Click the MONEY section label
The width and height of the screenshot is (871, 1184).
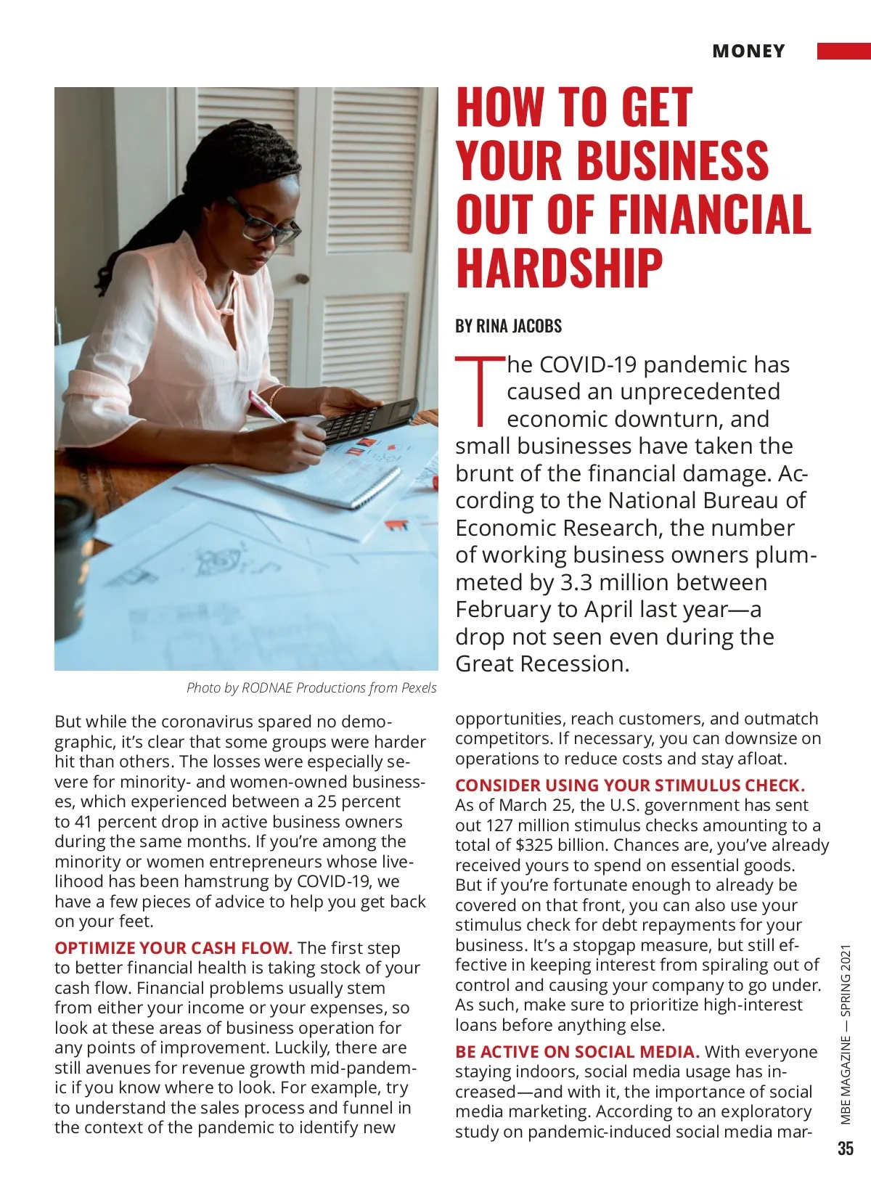[748, 51]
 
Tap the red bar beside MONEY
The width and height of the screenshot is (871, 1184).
[843, 51]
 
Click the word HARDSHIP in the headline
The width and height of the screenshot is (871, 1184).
[560, 267]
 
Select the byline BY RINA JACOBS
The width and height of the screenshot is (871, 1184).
[508, 326]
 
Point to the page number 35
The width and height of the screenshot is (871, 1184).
[846, 1148]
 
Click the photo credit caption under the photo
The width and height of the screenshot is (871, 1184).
[311, 687]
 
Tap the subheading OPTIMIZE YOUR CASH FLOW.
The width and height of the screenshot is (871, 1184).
[173, 948]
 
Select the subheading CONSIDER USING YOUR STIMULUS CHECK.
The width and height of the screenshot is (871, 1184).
[630, 785]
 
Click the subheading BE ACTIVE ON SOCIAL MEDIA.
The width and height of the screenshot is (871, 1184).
[577, 1052]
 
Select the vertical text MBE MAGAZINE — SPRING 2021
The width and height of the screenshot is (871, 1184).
[846, 1034]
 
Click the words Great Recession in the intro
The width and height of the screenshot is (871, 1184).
[541, 664]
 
